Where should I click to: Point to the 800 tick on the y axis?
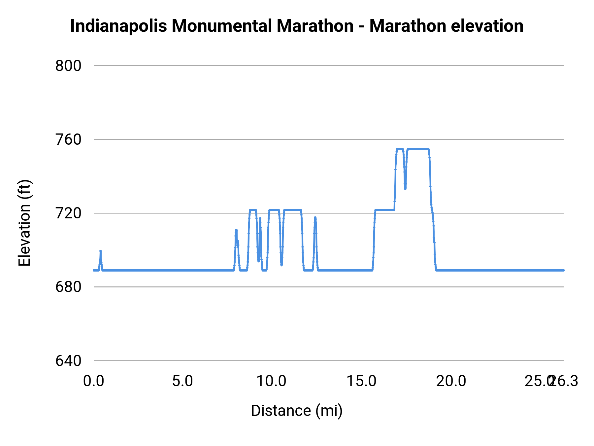coord(68,66)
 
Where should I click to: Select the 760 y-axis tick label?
coord(68,139)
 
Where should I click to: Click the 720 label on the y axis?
coord(68,213)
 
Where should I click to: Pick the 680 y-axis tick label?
coord(68,287)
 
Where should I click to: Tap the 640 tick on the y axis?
coord(68,361)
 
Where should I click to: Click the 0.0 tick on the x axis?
coord(94,381)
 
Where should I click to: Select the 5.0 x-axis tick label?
coord(182,381)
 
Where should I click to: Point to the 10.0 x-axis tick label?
coord(271,381)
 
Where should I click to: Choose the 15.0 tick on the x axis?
coord(361,381)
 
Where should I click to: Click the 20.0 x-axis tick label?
coord(451,381)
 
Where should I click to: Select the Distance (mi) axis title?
coord(297,411)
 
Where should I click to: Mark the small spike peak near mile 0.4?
coord(101,251)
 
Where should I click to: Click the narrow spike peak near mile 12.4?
coord(315,218)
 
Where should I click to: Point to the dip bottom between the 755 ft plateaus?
coord(405,188)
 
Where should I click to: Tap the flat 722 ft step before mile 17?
coord(385,210)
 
